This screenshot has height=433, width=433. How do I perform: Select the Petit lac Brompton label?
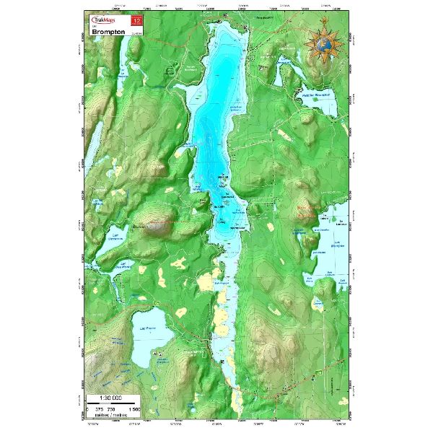(315, 95)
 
